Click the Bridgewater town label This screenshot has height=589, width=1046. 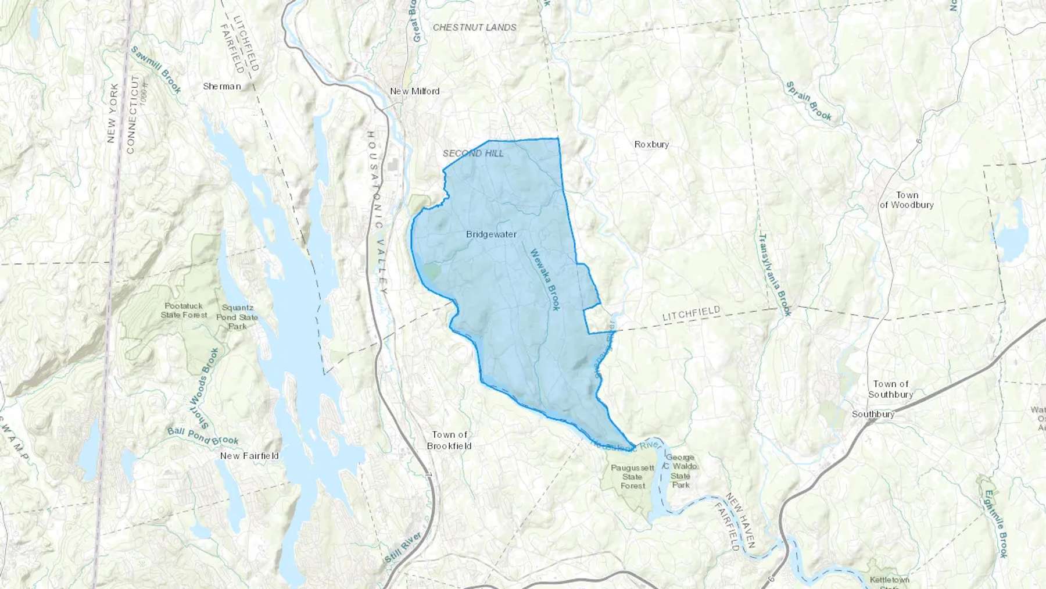[x=491, y=234]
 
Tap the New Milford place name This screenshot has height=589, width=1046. [x=414, y=91]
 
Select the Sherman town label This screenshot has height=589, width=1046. [x=221, y=86]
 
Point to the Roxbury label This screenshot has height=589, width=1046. [x=651, y=144]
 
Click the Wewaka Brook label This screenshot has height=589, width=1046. [x=545, y=280]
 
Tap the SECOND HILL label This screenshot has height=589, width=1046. [x=473, y=154]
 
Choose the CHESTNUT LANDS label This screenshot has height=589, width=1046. [x=474, y=27]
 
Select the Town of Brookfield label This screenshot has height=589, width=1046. [x=449, y=440]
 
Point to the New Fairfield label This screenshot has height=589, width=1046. [x=249, y=456]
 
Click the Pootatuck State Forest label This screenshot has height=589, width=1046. [x=184, y=310]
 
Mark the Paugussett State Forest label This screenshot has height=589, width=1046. [x=632, y=477]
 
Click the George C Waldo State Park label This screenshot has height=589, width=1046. [x=680, y=471]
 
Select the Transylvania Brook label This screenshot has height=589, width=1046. [x=775, y=274]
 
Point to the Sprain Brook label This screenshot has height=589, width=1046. [x=809, y=101]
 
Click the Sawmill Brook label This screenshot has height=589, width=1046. [x=156, y=69]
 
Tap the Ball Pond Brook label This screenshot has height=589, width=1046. [x=203, y=436]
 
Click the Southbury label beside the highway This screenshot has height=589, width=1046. [x=873, y=414]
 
